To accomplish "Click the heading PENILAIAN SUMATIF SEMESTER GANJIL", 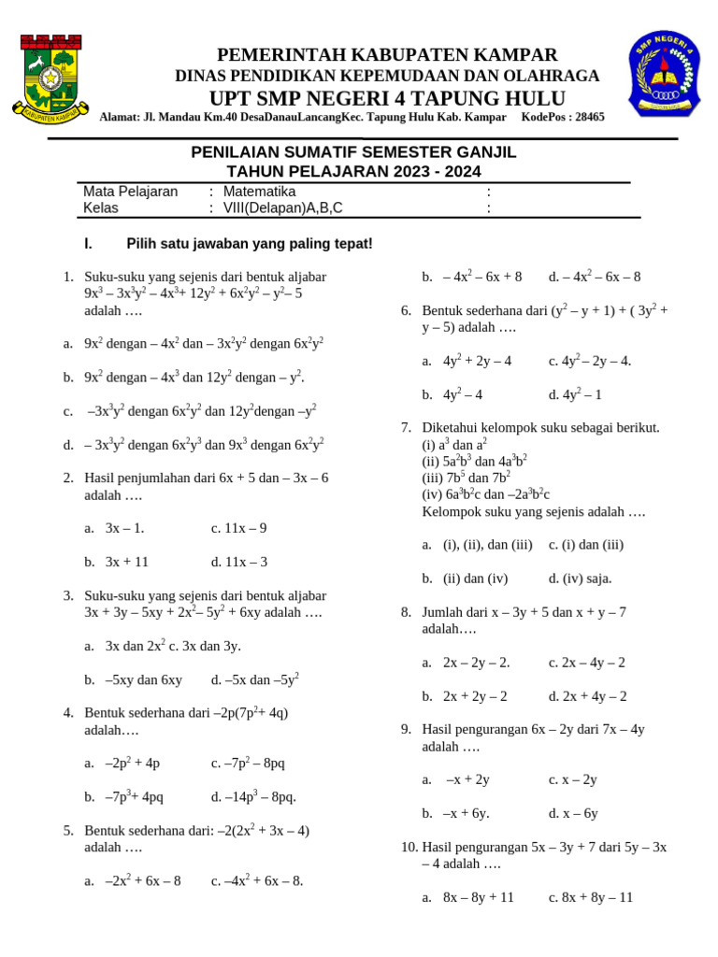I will [x=353, y=152].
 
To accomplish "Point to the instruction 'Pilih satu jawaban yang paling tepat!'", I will [x=249, y=244].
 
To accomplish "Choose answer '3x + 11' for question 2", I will [x=127, y=563].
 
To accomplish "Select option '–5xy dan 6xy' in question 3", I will [x=143, y=680].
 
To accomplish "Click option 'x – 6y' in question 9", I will [x=580, y=814].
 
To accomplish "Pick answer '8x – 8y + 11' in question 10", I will [x=479, y=897].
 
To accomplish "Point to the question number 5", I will [x=68, y=830].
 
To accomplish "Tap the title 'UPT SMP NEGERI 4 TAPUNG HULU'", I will [x=387, y=99].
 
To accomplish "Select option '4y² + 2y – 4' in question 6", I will [x=477, y=361].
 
